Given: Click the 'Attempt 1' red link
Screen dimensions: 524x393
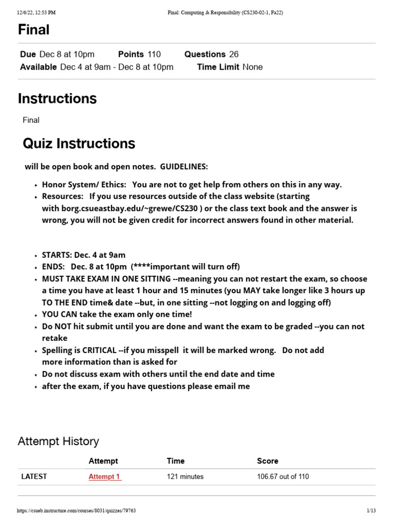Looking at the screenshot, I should (x=104, y=476).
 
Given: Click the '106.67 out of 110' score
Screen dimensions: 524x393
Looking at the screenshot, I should (x=282, y=476).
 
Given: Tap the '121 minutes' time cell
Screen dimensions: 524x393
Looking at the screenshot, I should (x=185, y=476).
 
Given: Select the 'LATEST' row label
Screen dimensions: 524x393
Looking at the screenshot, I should (x=34, y=476).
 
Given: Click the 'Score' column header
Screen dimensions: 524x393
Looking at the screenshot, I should (x=267, y=461).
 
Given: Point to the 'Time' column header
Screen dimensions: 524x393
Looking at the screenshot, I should (x=176, y=461).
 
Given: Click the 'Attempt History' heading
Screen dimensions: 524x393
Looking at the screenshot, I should (x=58, y=441).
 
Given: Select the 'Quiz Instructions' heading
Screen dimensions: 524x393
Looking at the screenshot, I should (x=79, y=143).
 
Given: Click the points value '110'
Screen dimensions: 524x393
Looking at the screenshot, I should (x=154, y=54).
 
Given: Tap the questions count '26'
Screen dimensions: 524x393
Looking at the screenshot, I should (x=234, y=54).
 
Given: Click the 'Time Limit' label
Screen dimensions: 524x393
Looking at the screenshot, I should (x=218, y=67).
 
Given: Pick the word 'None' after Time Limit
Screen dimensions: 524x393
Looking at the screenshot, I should (x=253, y=67).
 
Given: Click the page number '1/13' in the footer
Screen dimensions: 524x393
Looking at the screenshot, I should (x=371, y=511).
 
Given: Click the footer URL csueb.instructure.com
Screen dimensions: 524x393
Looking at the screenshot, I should (x=76, y=511).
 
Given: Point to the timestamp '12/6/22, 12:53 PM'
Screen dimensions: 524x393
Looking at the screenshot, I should (x=36, y=13).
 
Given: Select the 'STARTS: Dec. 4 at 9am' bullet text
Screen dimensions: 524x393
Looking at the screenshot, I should (x=83, y=255).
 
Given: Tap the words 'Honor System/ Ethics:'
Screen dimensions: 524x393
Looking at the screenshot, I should (x=83, y=185).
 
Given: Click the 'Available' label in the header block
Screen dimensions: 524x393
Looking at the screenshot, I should (x=38, y=67).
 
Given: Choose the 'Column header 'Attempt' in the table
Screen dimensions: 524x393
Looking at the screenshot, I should (x=103, y=461).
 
